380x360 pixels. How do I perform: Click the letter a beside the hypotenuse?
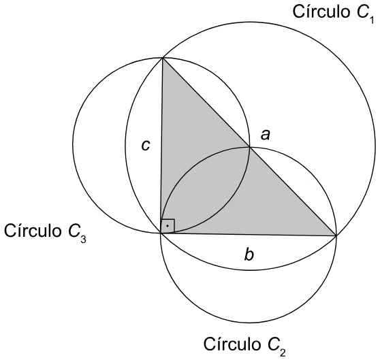(x=265, y=135)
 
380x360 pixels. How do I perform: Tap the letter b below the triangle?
(x=249, y=255)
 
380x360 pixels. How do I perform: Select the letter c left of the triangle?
(x=146, y=146)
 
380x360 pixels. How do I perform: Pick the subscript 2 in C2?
(x=283, y=352)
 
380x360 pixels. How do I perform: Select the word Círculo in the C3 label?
(x=32, y=231)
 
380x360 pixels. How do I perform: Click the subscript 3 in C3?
(x=83, y=239)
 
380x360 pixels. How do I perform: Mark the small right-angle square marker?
(x=168, y=226)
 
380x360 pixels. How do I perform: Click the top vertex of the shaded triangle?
(x=163, y=58)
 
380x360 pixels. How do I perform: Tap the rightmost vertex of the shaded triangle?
(x=336, y=235)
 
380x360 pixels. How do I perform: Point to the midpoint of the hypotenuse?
(x=249, y=146)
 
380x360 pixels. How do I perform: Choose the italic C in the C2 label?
(x=272, y=344)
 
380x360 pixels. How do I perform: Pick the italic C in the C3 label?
(x=74, y=231)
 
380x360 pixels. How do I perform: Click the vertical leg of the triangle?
(x=161, y=145)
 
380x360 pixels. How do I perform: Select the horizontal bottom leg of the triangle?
(x=249, y=234)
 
